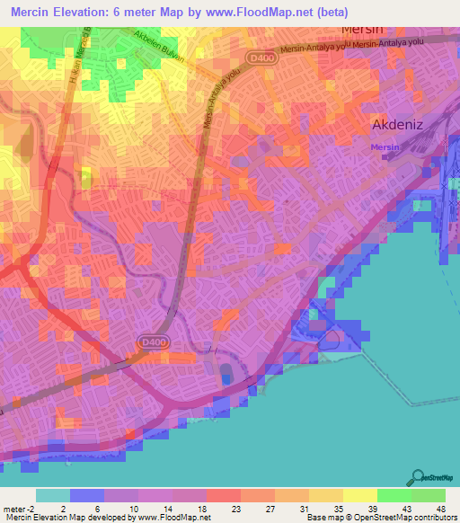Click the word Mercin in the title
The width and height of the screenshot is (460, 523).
(35, 11)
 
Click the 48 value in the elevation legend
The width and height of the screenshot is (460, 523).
(439, 508)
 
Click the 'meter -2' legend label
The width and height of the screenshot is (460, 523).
(21, 508)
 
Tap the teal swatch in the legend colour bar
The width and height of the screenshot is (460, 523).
(52, 495)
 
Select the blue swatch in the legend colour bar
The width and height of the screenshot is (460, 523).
(87, 495)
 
